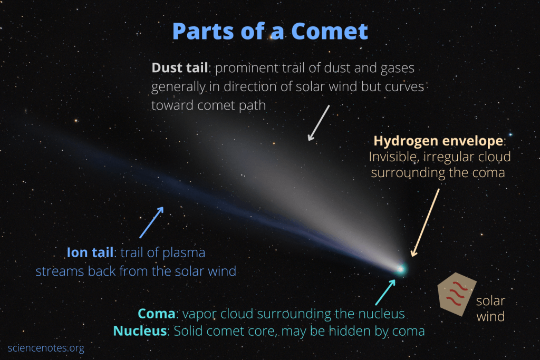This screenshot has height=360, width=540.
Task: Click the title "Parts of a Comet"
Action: coord(270,32)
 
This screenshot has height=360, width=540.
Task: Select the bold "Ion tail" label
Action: coord(90,252)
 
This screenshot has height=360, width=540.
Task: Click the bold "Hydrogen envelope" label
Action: coord(438,141)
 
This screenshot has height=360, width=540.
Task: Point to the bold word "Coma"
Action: coord(156,314)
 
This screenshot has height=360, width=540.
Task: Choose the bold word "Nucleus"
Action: coord(140,332)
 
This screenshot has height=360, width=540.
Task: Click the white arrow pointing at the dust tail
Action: coord(319,123)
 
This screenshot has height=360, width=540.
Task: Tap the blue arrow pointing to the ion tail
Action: coord(152,222)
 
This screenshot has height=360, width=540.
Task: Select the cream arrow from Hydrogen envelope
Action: coord(426,222)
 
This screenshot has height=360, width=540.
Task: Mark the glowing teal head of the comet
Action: coord(400,269)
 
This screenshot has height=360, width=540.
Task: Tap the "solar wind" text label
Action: coord(490,309)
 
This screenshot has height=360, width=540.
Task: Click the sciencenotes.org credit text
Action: coord(46,348)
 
